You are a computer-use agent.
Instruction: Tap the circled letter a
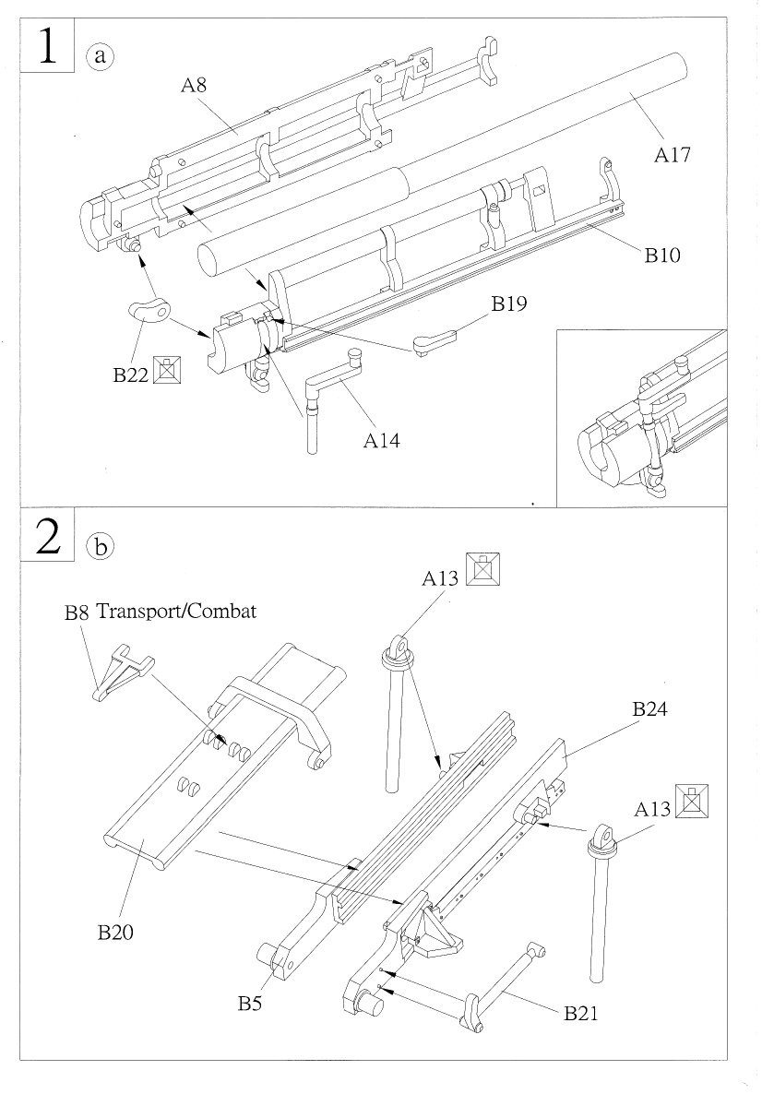tap(100, 55)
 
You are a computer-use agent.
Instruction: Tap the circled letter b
tap(100, 546)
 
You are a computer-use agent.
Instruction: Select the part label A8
tap(194, 86)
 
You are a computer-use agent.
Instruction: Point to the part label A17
tap(673, 155)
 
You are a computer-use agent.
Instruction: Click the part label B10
tap(662, 256)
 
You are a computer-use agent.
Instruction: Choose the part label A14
tap(381, 441)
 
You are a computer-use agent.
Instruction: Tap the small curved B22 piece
tap(149, 312)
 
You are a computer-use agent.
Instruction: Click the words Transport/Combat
tap(175, 611)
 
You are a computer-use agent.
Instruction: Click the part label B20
tap(116, 933)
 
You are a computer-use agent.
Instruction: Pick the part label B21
tap(582, 1013)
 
